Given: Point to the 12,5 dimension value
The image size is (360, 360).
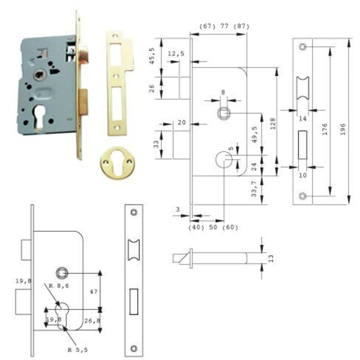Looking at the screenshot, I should coord(175,54).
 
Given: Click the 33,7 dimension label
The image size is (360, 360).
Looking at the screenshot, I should coord(255,189).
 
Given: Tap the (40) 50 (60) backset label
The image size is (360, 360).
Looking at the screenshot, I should coord(213,227).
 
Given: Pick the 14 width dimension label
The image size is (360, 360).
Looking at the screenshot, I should coord(302,118).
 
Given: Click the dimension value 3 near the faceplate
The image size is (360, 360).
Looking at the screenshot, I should coord(178,209).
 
